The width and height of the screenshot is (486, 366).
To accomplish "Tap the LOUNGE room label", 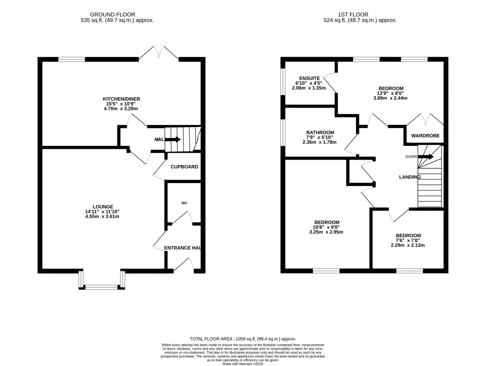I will [103, 207].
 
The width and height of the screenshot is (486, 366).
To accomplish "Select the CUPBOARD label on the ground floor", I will [184, 167].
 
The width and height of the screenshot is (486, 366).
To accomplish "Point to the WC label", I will [184, 203].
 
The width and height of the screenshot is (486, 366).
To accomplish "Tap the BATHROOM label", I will [319, 132].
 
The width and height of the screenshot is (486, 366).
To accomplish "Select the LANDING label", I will [410, 177].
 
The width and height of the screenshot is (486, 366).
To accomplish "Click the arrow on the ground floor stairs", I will [172, 139].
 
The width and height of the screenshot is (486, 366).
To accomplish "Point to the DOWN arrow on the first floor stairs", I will [425, 157].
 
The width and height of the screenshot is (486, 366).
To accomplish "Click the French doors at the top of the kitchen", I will [159, 53].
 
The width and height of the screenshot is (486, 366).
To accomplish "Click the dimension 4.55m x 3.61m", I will [103, 217].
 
